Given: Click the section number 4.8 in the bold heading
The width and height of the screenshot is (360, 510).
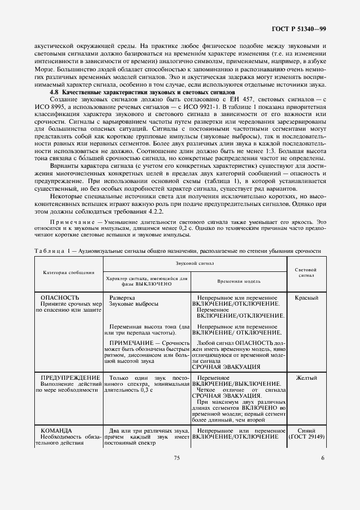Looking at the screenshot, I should (54, 93).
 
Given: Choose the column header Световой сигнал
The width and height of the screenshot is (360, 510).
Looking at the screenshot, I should (306, 272).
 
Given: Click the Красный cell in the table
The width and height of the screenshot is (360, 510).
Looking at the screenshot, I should (306, 298).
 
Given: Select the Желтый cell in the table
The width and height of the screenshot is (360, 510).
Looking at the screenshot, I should (306, 377).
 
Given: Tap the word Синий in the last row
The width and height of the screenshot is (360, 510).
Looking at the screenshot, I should (306, 430).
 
